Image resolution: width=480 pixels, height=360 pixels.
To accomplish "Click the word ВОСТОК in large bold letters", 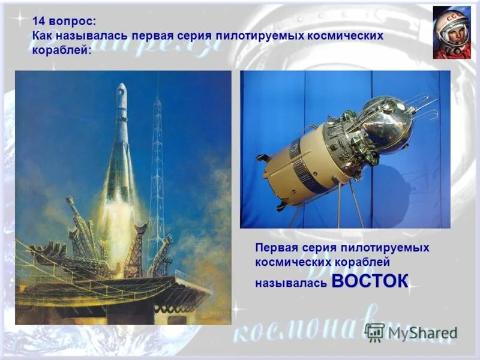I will (x=369, y=280).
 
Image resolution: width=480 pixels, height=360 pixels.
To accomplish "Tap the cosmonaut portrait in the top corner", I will (x=452, y=33).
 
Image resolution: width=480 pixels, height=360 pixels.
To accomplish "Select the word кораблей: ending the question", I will (x=62, y=50).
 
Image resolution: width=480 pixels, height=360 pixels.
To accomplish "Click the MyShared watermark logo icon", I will (x=375, y=332).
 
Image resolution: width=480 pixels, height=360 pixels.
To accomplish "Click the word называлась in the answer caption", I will (x=291, y=282).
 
